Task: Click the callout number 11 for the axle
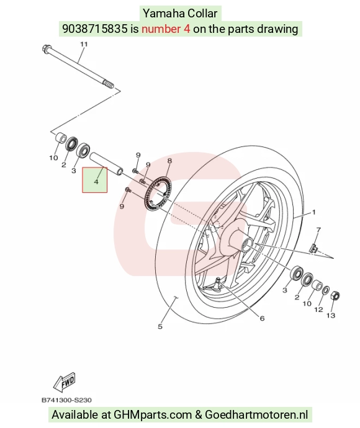[84, 44]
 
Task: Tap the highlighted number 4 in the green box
[96, 182]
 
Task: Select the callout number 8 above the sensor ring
[169, 161]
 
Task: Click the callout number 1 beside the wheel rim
[313, 212]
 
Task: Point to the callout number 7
[318, 230]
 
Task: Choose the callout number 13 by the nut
[331, 316]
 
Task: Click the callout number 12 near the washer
[318, 310]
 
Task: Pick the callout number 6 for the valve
[262, 318]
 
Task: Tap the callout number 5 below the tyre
[160, 326]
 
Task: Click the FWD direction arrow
[65, 381]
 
